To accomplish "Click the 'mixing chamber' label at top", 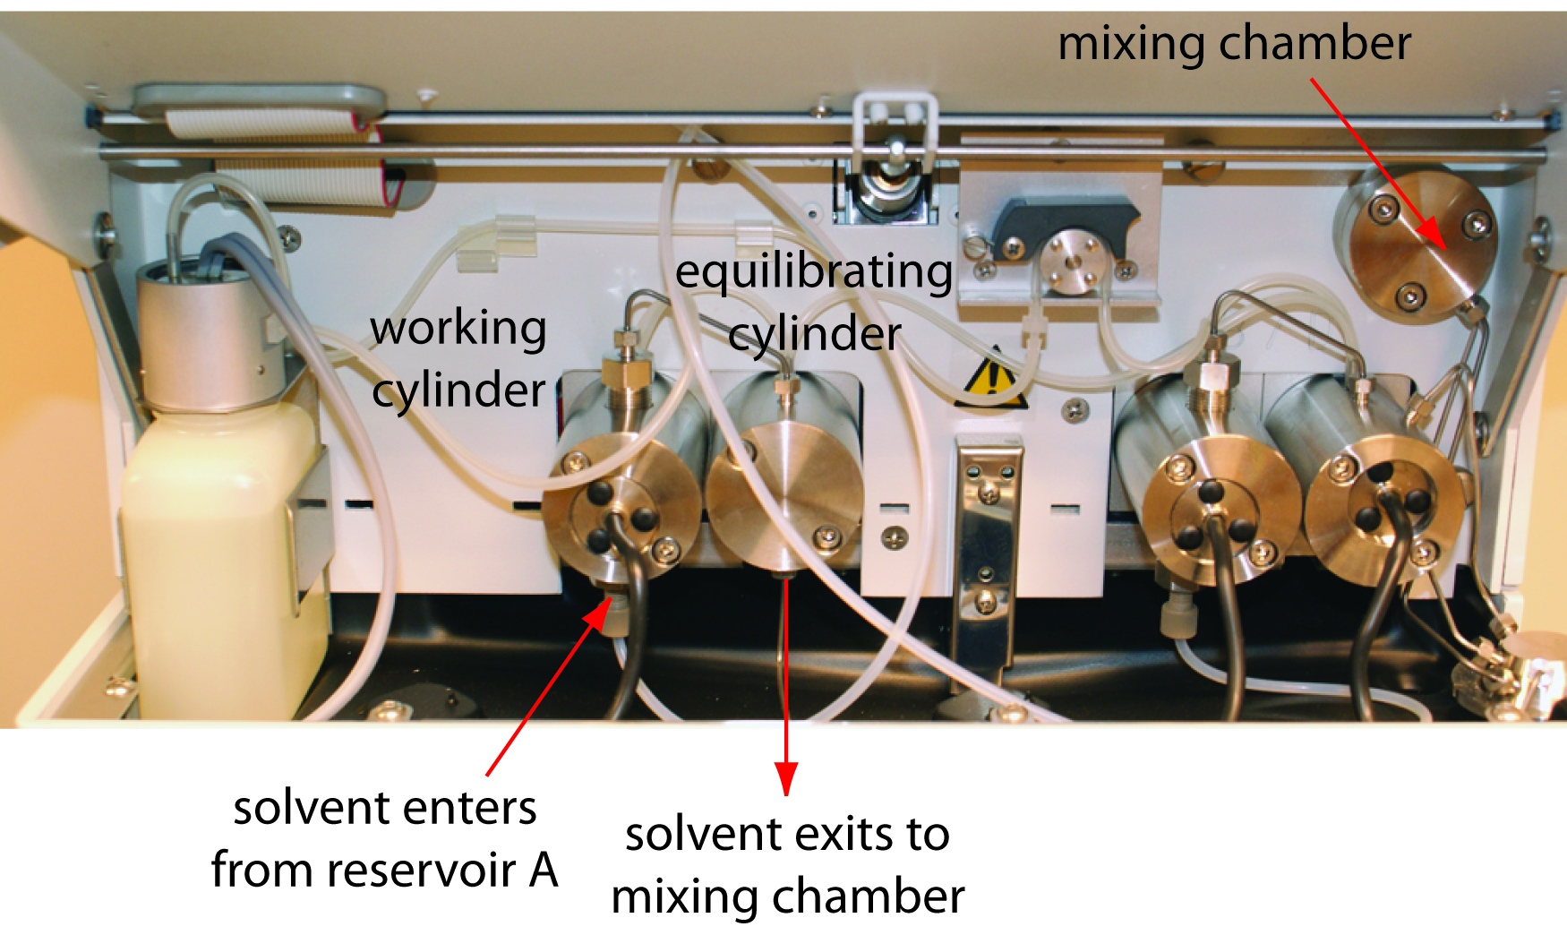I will tap(1234, 43).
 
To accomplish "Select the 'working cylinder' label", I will tap(458, 358).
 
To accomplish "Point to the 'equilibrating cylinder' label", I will tap(814, 302).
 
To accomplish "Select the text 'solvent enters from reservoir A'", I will tap(385, 838).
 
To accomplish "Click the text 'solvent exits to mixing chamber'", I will tap(787, 864).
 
